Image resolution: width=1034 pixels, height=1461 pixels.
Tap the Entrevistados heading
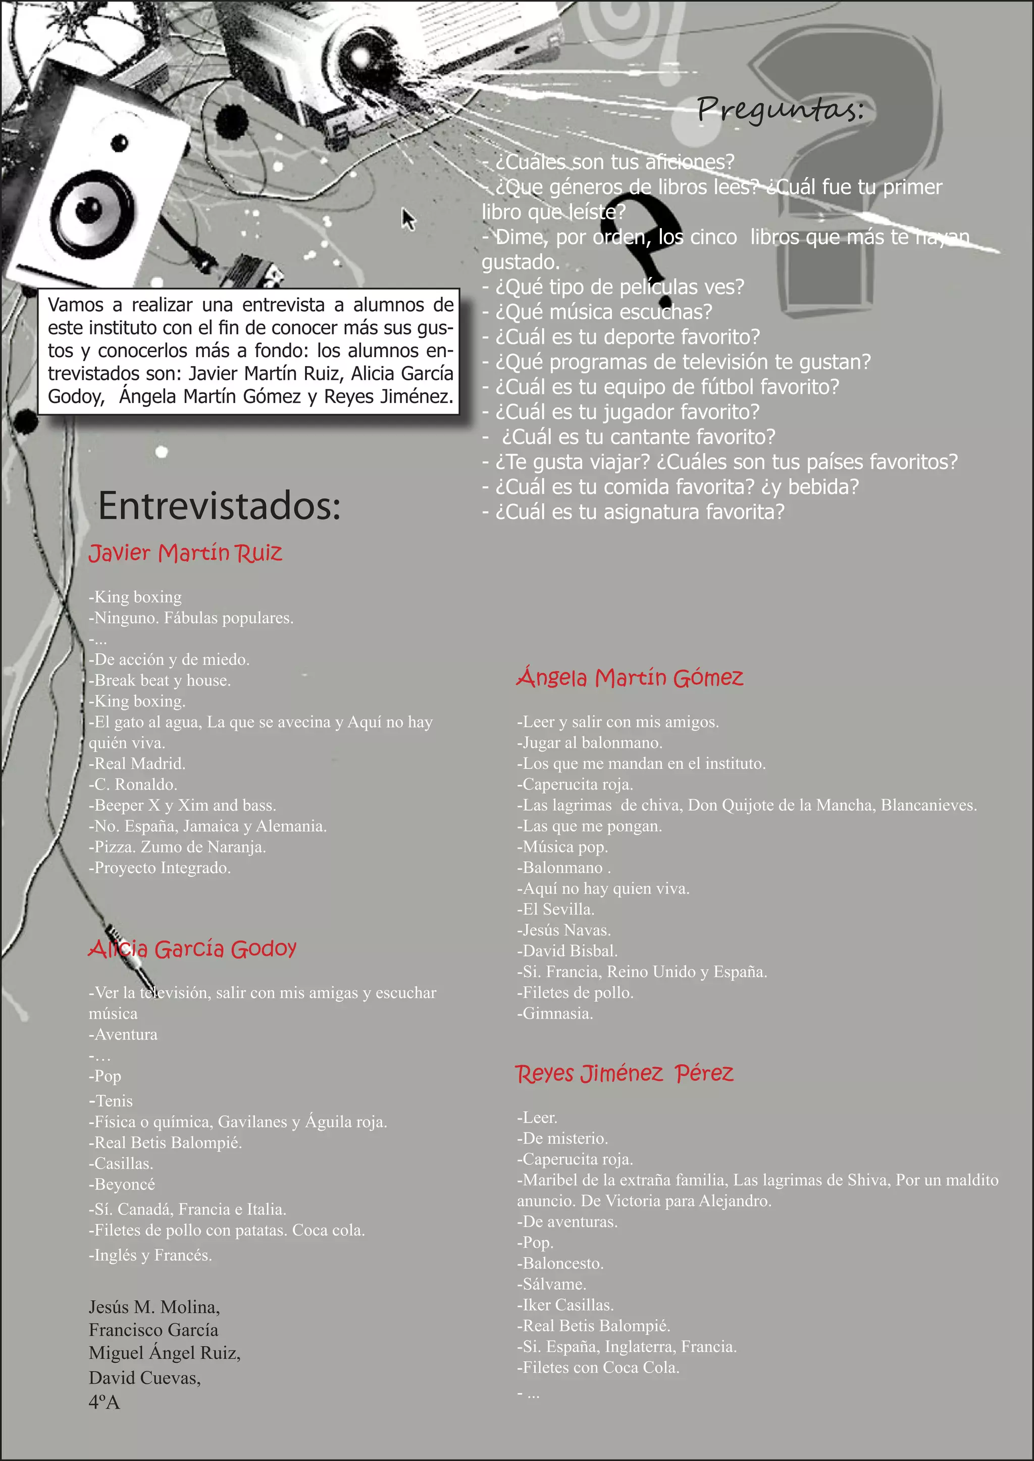pos(220,506)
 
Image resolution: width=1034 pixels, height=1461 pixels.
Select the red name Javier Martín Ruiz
pos(185,553)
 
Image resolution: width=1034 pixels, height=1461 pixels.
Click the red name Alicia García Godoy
pos(192,949)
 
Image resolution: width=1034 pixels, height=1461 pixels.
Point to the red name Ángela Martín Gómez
pos(630,678)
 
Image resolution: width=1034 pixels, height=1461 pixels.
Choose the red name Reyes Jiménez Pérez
pos(624,1074)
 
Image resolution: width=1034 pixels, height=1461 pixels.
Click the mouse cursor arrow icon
pos(408,219)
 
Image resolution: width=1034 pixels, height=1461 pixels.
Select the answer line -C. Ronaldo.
pos(133,784)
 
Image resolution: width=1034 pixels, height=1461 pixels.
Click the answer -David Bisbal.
pos(567,950)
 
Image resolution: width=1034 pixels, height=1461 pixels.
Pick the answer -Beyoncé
pos(122,1184)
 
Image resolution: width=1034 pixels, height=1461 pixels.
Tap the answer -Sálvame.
pos(551,1284)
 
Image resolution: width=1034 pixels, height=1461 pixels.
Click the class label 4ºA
pos(105,1402)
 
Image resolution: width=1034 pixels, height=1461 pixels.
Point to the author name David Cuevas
pos(144,1378)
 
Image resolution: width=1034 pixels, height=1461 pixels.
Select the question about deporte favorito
pos(622,336)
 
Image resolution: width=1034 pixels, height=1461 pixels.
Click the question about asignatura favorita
pos(634,512)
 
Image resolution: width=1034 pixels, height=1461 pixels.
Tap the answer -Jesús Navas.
pos(564,930)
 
